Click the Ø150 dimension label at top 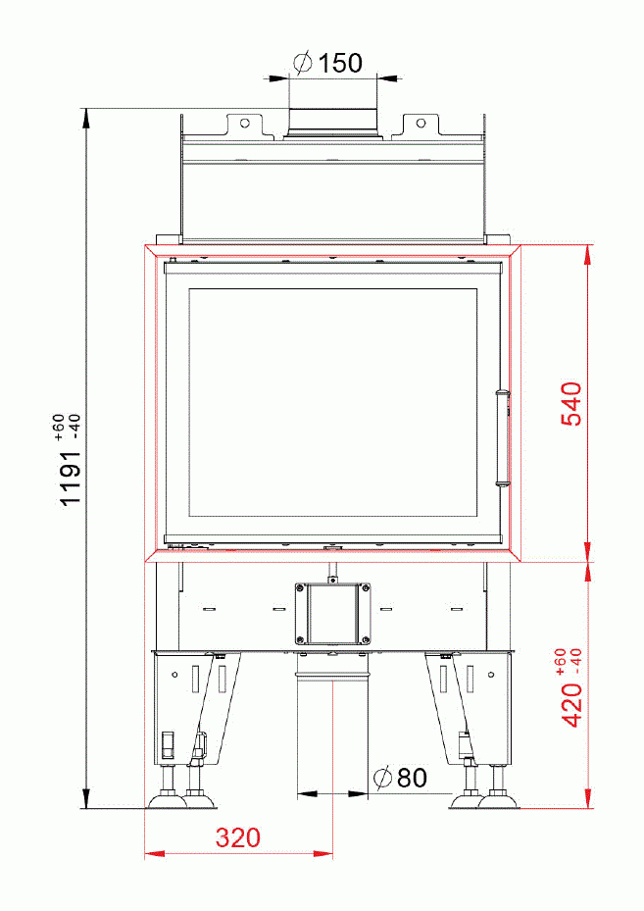(328, 63)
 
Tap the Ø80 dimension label (400, 778)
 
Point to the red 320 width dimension (238, 838)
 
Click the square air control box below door (333, 614)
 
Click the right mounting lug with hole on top (420, 125)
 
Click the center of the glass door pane (331, 403)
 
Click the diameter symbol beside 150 (303, 63)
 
